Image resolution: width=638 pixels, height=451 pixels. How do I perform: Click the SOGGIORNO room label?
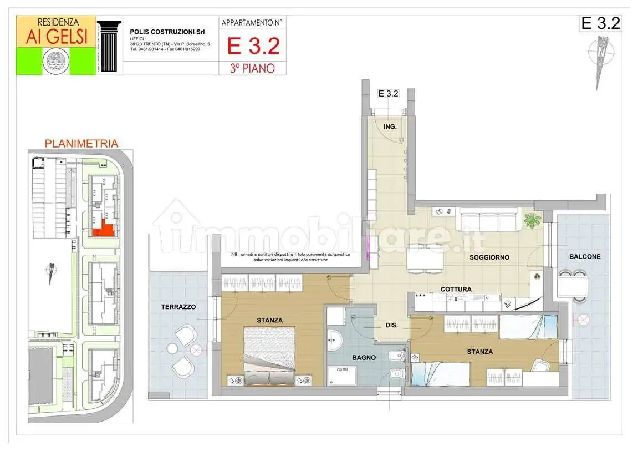pos(489,257)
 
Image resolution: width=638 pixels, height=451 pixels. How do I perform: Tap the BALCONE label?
pos(584,257)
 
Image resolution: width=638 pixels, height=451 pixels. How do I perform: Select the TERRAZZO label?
pos(178,306)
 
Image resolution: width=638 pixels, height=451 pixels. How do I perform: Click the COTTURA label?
pos(456,290)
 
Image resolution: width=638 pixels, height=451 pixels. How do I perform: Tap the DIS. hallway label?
pos(391,326)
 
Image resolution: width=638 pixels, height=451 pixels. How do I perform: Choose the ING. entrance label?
pos(390,127)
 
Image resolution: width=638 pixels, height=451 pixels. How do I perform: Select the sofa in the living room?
pos(487,220)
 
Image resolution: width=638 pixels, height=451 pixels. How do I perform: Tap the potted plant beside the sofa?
pos(532,221)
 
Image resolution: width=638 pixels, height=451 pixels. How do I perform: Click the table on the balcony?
pos(572,286)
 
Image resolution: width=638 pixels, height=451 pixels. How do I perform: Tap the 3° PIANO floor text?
pos(252,68)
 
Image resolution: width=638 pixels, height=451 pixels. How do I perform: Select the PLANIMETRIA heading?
pos(81,144)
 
